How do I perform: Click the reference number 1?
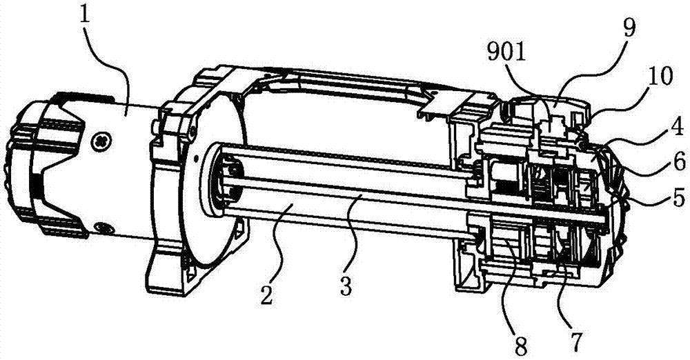pyautogui.click(x=85, y=17)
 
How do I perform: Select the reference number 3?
pyautogui.click(x=346, y=286)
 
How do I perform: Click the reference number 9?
pyautogui.click(x=629, y=29)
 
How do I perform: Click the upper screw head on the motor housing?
pyautogui.click(x=101, y=142)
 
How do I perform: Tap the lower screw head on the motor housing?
pyautogui.click(x=104, y=228)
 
